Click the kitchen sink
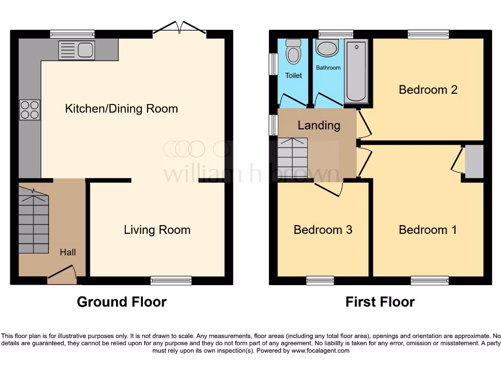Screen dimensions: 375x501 76,50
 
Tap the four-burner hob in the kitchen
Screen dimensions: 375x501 29,110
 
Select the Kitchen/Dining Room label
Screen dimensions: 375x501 121,108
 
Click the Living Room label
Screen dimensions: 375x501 157,230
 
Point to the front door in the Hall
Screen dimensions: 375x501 62,273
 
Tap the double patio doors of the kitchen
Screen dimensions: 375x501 180,28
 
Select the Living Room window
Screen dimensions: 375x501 171,280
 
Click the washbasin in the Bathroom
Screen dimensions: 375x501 327,48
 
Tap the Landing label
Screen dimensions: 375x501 319,125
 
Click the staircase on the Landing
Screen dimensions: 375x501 292,159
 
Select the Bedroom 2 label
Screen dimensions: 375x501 428,90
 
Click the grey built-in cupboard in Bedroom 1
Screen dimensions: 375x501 474,162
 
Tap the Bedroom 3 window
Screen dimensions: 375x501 320,280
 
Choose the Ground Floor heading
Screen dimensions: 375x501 121,302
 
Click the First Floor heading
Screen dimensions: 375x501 380,302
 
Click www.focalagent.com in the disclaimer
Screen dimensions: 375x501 320,351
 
